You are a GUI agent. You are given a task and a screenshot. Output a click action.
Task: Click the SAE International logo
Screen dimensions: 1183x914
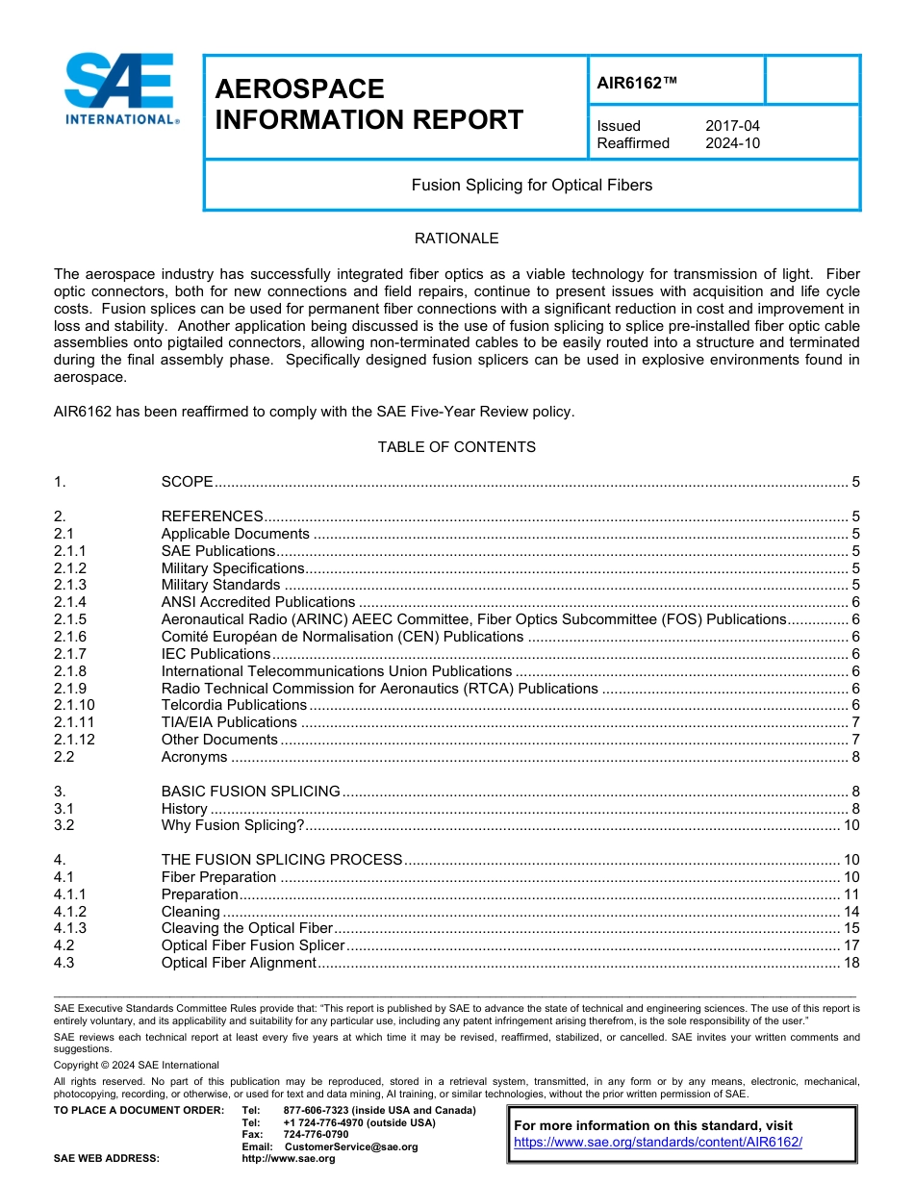pos(120,89)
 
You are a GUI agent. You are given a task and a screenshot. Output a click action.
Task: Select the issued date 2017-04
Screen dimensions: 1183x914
pos(732,126)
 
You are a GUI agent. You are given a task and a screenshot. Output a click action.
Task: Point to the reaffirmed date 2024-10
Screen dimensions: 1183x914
pos(732,143)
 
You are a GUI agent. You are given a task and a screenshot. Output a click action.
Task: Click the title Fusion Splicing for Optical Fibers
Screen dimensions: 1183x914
pos(531,185)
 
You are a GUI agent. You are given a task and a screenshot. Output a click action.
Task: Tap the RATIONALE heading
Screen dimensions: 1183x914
pos(456,239)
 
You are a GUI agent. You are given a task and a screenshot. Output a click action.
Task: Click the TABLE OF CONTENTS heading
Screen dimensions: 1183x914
pos(456,447)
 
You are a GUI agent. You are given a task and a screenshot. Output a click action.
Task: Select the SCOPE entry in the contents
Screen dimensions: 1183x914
pos(187,482)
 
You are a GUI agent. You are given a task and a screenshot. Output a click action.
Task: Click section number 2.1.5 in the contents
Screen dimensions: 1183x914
pos(70,619)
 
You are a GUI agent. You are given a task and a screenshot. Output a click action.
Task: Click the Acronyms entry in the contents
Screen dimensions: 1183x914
pos(194,757)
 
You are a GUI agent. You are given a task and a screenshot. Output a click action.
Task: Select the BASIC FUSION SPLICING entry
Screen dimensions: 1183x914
pos(250,792)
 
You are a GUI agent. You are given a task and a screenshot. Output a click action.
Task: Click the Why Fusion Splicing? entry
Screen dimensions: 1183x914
pos(233,826)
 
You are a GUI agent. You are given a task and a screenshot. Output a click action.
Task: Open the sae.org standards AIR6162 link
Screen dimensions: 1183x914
pos(658,1143)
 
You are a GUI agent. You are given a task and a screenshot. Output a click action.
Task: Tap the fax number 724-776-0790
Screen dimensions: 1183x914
pos(316,1135)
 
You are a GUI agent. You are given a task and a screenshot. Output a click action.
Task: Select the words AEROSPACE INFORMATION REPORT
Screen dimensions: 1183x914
pos(368,105)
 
